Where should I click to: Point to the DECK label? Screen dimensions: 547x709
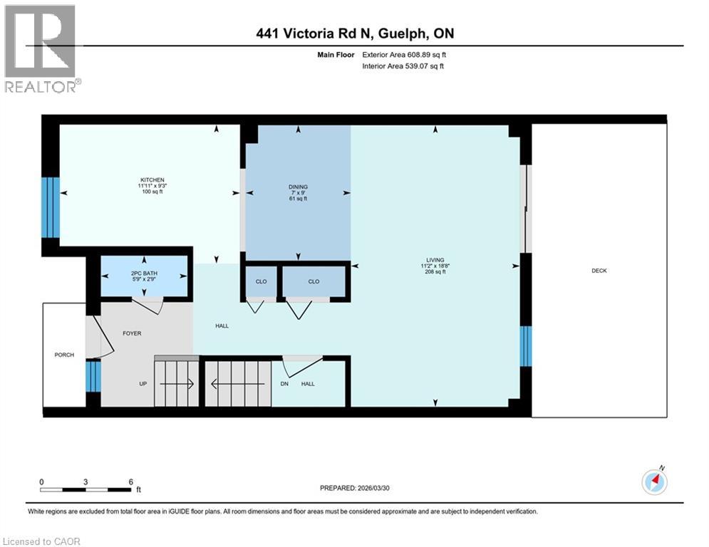coord(599,271)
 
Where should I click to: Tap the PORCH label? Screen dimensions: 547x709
coord(64,355)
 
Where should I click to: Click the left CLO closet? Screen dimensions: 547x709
coord(261,282)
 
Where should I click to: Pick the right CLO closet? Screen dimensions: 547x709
coord(314,282)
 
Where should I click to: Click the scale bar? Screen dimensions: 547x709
coord(86,489)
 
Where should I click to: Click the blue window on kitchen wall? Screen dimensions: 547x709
coord(50,207)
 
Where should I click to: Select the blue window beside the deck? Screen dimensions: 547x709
coord(526,346)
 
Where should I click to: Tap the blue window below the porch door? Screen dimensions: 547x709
coord(93,376)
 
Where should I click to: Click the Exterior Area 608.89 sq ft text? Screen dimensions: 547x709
coord(404,54)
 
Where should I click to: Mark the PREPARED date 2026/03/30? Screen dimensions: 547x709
coord(356,488)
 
